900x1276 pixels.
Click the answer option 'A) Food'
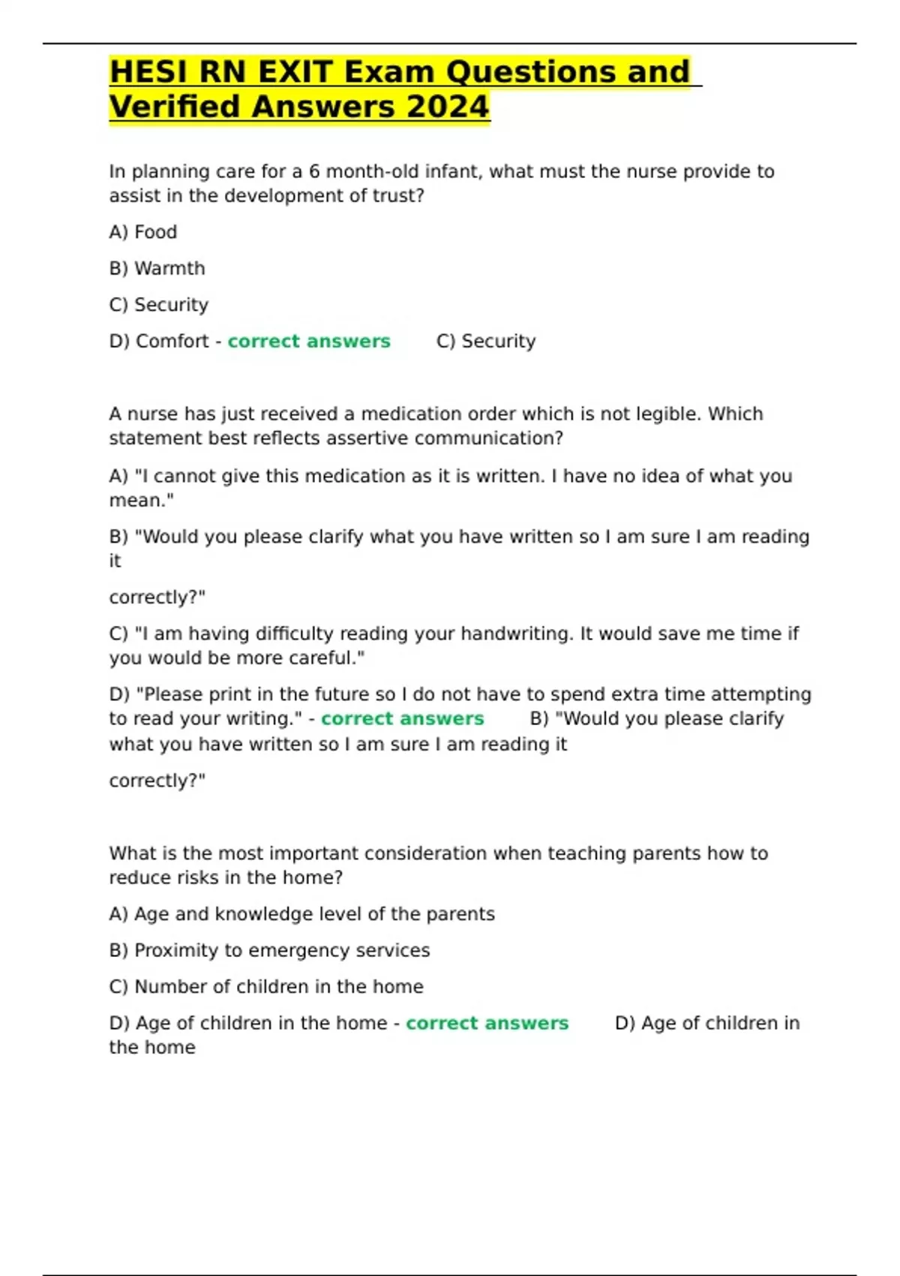click(142, 232)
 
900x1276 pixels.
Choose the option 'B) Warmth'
click(157, 268)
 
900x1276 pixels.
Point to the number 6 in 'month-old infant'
click(314, 171)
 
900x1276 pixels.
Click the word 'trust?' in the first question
click(397, 196)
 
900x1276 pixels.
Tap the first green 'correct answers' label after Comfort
click(309, 341)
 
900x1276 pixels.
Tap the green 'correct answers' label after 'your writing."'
click(402, 718)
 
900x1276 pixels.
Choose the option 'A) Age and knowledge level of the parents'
click(301, 913)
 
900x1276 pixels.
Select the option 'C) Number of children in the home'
click(266, 986)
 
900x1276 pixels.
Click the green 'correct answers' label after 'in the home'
click(487, 1023)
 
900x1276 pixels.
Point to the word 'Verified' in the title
click(174, 107)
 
